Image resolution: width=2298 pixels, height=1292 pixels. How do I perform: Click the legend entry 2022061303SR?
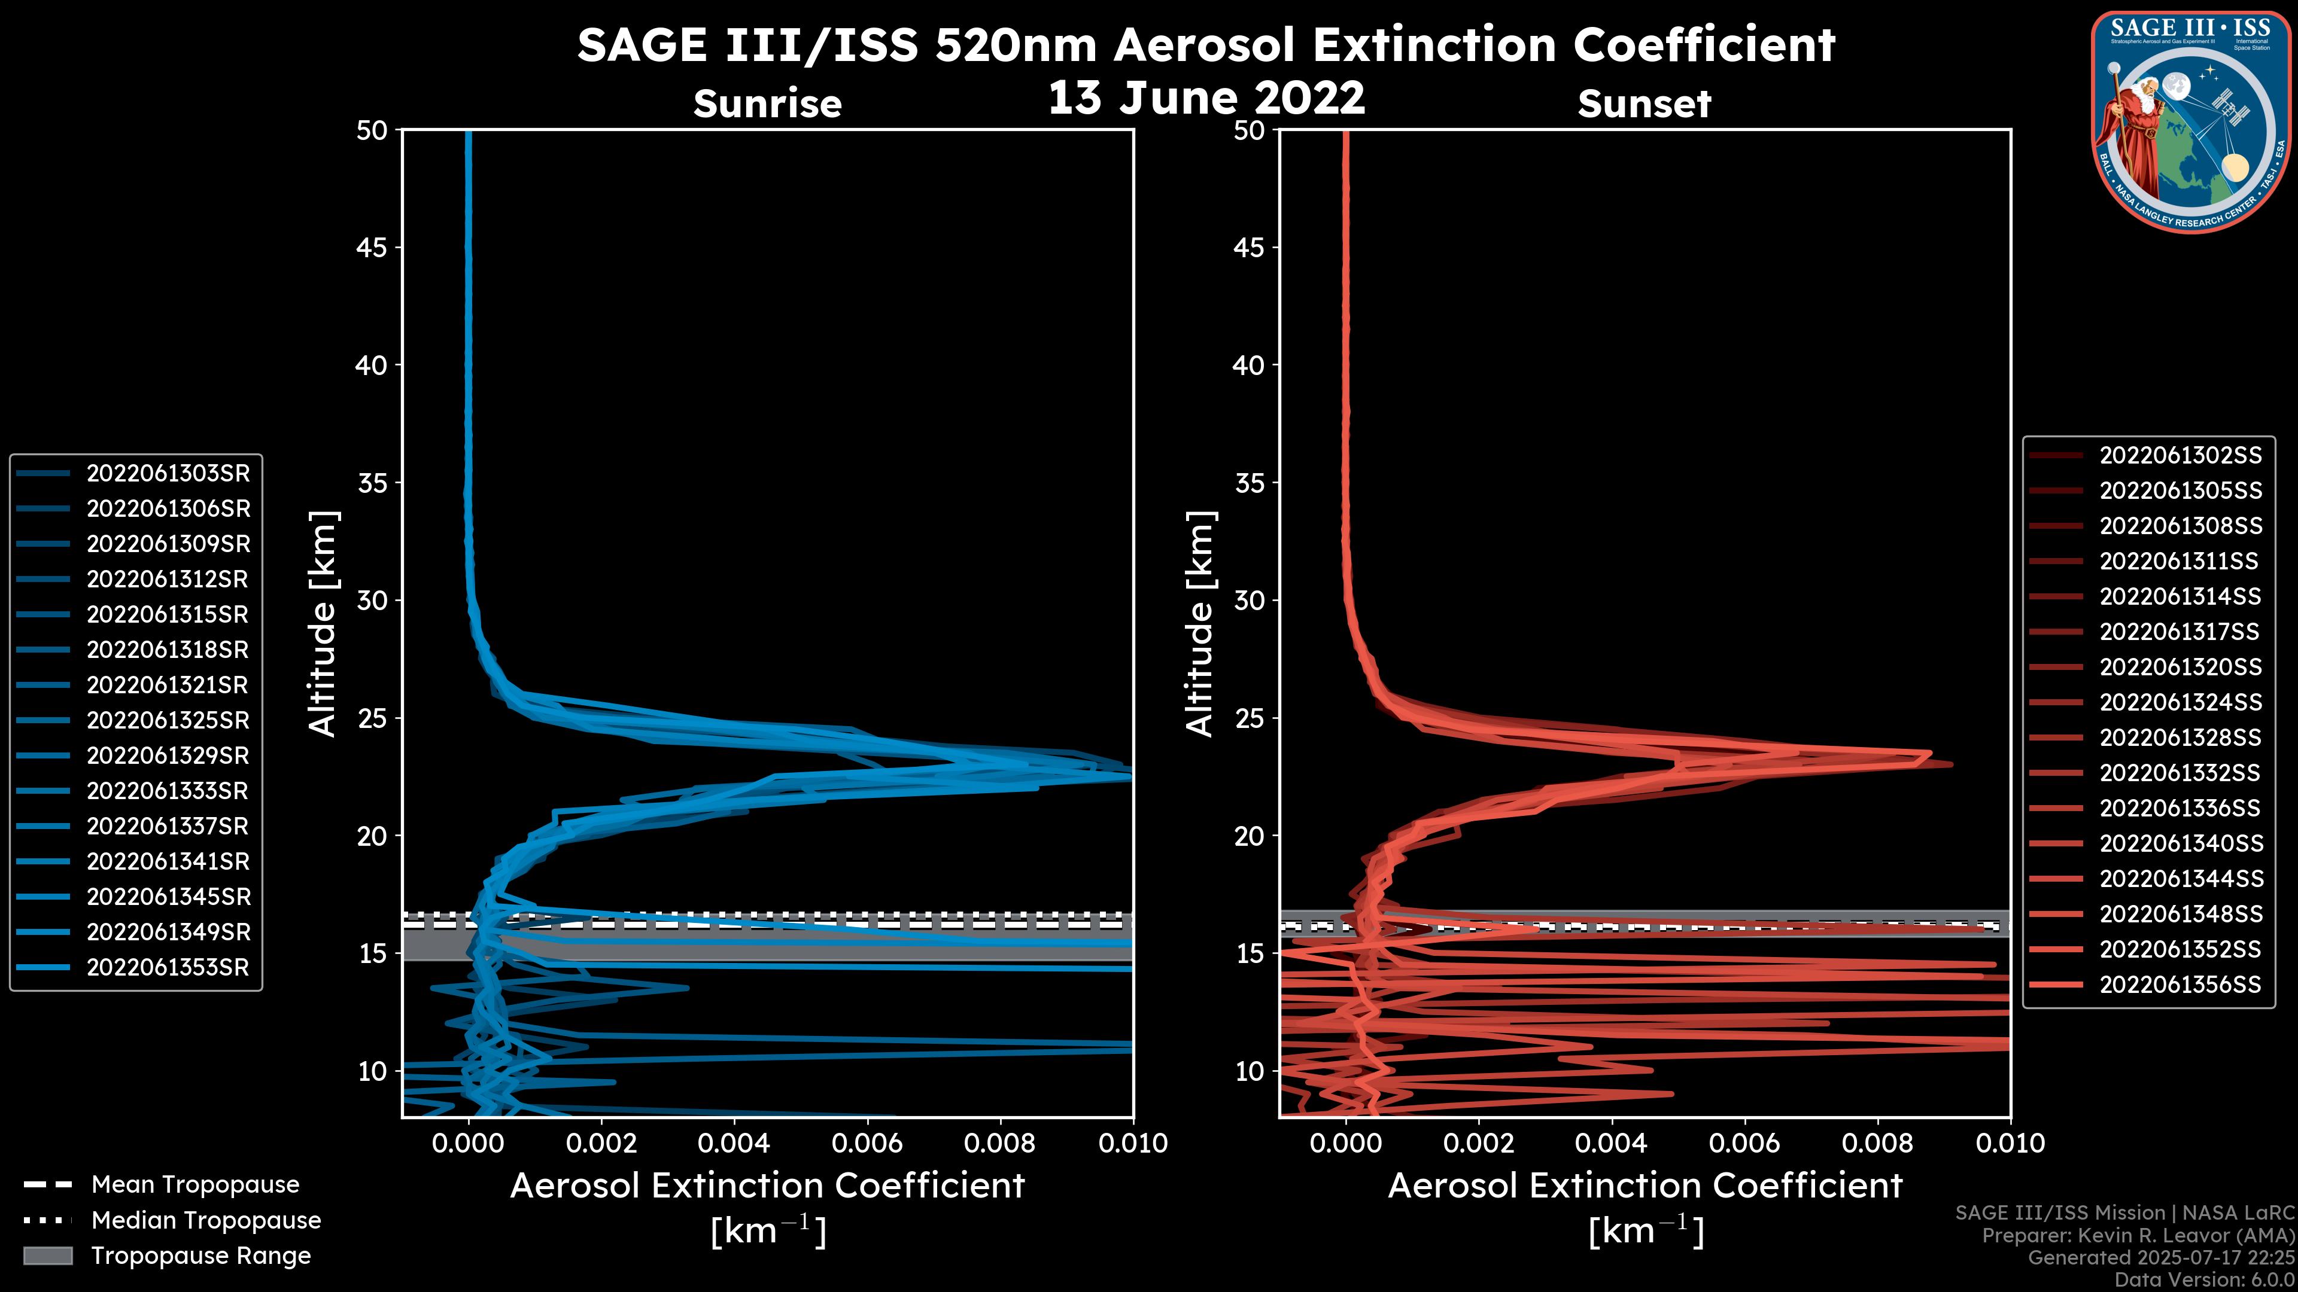[x=168, y=474]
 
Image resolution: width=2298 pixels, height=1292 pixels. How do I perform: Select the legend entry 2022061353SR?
[x=168, y=967]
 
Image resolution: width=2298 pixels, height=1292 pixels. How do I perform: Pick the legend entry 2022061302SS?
[x=2180, y=456]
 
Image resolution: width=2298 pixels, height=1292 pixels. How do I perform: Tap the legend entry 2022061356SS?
[x=2180, y=985]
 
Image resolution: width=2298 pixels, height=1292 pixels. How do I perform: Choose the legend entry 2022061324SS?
[x=2180, y=703]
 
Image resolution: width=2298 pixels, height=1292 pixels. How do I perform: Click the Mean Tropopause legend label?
[x=195, y=1184]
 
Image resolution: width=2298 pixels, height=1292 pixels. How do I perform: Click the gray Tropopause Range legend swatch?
[x=48, y=1256]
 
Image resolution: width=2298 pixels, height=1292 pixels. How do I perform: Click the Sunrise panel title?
[x=767, y=104]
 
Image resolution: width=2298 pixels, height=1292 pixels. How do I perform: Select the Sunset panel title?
[x=1644, y=104]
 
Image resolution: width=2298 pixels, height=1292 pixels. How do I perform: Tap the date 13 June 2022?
[x=1206, y=97]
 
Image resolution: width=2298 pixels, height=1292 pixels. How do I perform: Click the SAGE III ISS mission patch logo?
[x=2191, y=121]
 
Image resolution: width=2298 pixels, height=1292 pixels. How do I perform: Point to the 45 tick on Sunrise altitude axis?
[x=372, y=247]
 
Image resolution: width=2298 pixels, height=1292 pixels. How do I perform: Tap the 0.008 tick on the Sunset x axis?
[x=1878, y=1143]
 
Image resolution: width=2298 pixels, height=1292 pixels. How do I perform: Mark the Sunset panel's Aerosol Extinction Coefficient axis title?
[x=1645, y=1186]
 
